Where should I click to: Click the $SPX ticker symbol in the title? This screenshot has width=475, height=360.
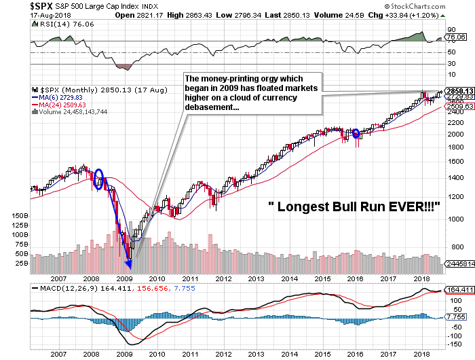(x=17, y=5)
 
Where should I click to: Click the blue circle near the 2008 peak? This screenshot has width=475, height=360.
(x=99, y=176)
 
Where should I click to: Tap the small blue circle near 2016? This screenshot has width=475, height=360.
(x=358, y=134)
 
